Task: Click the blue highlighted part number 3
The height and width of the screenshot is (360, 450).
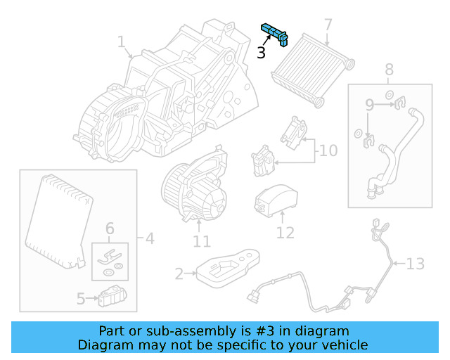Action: pos(275,32)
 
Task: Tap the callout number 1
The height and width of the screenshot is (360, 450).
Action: pos(121,43)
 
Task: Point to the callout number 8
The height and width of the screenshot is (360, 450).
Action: pos(390,70)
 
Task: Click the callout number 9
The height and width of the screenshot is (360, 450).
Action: pos(369,105)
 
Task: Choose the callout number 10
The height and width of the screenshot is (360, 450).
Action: pos(328,150)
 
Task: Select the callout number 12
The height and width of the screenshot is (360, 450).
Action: pos(285,231)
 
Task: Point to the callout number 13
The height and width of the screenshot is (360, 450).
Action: pos(416,264)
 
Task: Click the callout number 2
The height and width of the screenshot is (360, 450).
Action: pos(179,273)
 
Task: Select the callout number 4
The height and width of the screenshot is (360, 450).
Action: pos(148,238)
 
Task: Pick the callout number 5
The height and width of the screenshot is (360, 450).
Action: pos(81,299)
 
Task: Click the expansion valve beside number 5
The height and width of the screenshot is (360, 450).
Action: pos(112,297)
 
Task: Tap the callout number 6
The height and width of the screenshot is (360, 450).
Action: pos(110,229)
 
